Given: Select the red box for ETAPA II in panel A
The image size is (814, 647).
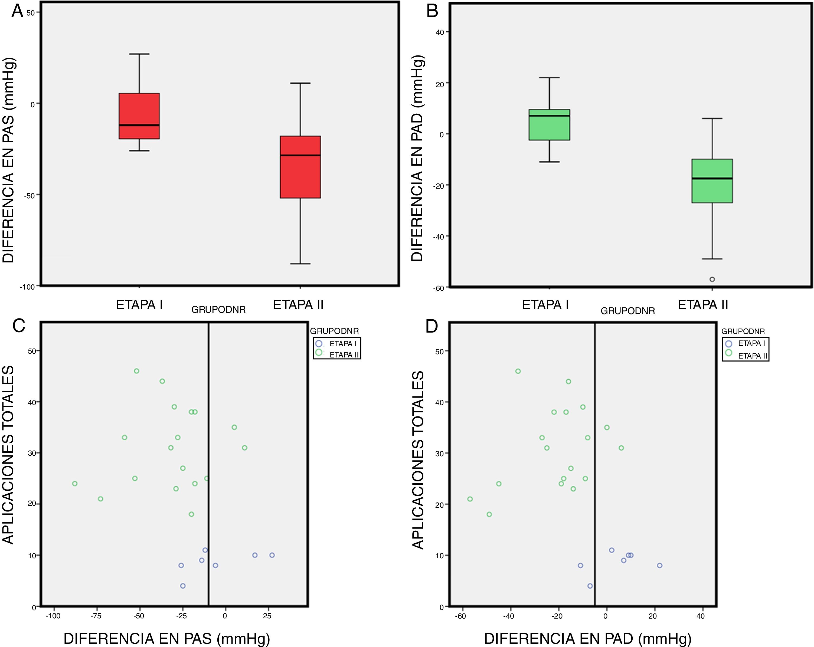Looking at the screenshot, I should (300, 167).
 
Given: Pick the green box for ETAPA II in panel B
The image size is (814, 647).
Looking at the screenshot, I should (712, 181).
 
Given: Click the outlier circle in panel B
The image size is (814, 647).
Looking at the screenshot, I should (712, 279).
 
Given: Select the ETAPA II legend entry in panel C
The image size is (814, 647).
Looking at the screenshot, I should (338, 354).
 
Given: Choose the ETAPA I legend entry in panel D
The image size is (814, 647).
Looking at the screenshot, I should (746, 343).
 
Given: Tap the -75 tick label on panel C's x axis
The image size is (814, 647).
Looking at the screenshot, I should (96, 616).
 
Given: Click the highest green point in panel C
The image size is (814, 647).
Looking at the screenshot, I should (137, 371).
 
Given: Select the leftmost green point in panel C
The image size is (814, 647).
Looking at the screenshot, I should (75, 484).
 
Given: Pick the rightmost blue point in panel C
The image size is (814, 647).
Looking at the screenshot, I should (272, 555).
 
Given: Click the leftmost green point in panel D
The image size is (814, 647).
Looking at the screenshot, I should (470, 499).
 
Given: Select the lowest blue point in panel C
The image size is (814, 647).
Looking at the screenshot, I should (183, 586).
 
